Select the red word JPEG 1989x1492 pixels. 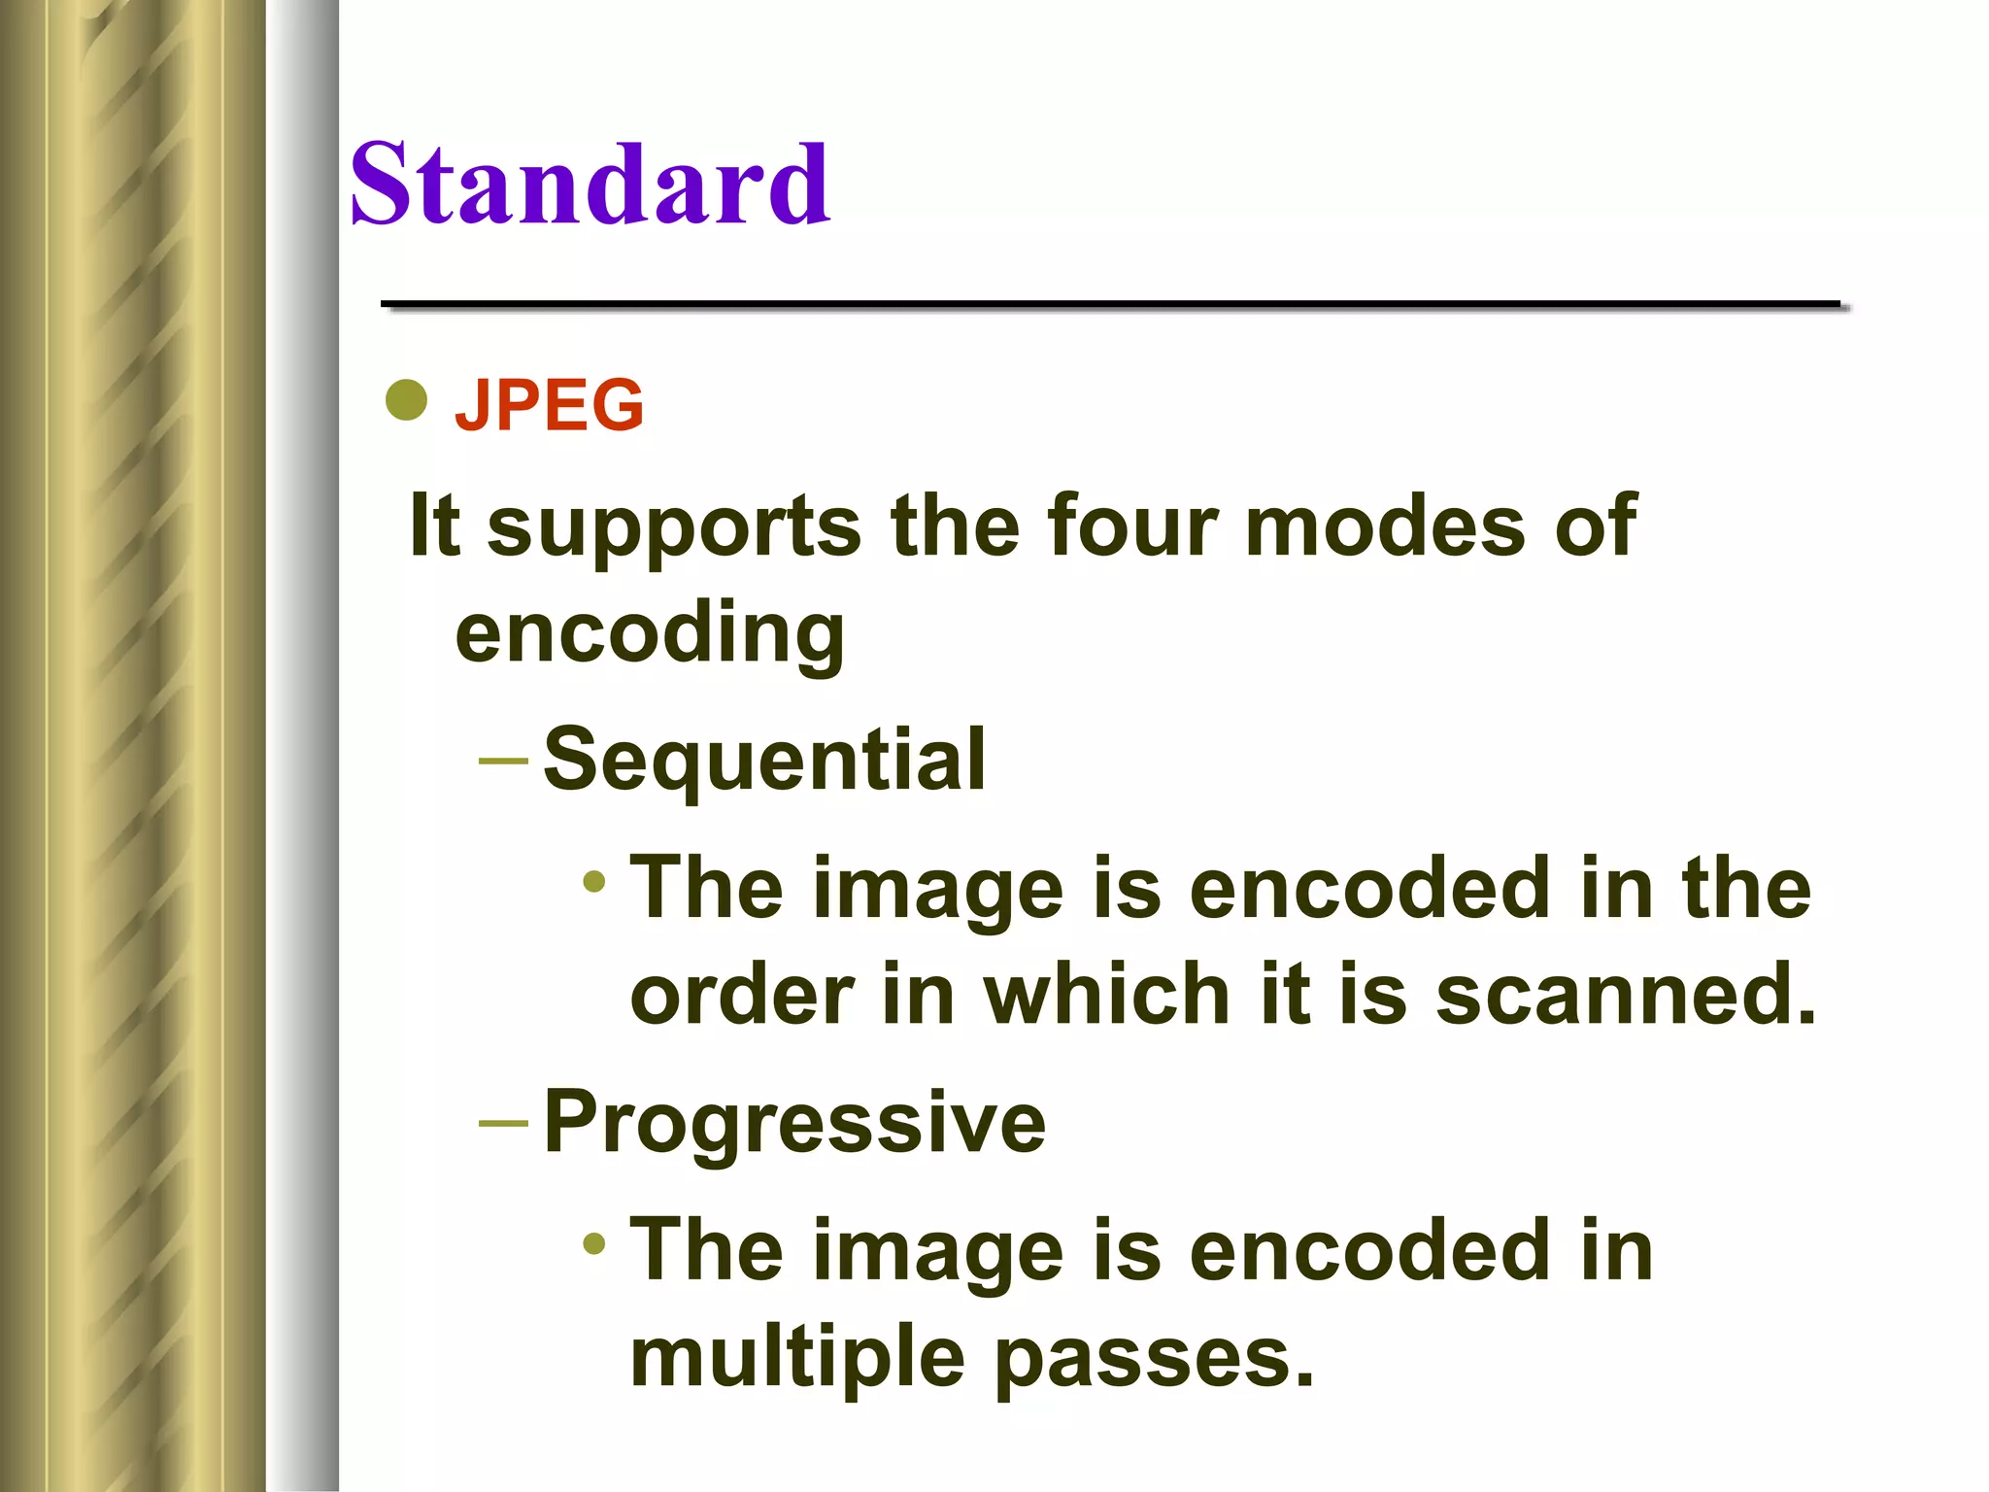coord(549,404)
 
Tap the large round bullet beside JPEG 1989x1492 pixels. coord(406,399)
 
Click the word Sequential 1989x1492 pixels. coord(764,759)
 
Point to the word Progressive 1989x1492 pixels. coord(794,1121)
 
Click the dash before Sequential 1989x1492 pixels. coord(503,761)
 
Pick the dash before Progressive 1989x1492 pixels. coord(503,1124)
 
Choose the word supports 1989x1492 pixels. coord(673,527)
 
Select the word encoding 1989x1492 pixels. coord(650,634)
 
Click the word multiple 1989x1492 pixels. coord(797,1357)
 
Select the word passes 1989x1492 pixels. coord(1154,1359)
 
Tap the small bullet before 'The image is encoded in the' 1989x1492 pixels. coord(594,882)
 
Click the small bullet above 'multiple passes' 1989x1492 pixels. coord(594,1243)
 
